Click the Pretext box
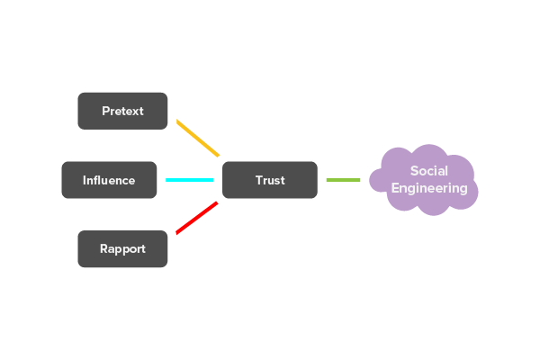click(122, 111)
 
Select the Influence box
click(109, 180)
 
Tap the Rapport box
click(122, 249)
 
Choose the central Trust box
click(269, 180)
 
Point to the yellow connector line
click(198, 138)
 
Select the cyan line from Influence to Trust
click(189, 180)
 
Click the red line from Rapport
click(197, 218)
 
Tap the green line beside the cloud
click(343, 180)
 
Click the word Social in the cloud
click(429, 171)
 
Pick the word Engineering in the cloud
click(429, 189)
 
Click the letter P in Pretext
click(105, 111)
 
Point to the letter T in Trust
click(258, 180)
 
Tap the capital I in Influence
click(85, 180)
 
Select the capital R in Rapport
click(103, 249)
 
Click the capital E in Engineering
click(395, 188)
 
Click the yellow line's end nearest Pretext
click(178, 121)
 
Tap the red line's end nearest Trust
click(216, 204)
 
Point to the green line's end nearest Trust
click(328, 180)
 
